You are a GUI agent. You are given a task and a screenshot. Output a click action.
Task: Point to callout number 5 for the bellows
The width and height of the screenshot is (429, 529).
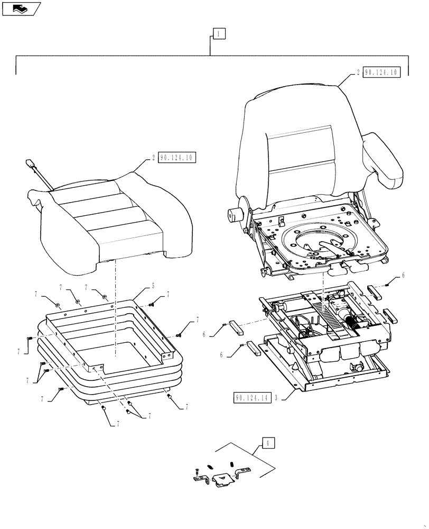tap(153, 286)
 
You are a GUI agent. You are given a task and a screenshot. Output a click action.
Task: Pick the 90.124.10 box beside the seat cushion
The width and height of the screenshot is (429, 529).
tap(176, 158)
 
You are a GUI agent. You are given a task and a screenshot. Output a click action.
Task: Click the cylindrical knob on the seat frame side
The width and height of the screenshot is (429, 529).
tap(234, 216)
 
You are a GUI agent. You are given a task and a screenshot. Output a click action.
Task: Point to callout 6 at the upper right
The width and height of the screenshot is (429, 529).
tap(404, 276)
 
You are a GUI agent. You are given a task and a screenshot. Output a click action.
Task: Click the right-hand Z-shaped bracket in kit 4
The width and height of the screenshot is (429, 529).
tap(244, 472)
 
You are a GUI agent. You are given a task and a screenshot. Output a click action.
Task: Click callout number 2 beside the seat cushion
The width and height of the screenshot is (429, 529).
tap(153, 158)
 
